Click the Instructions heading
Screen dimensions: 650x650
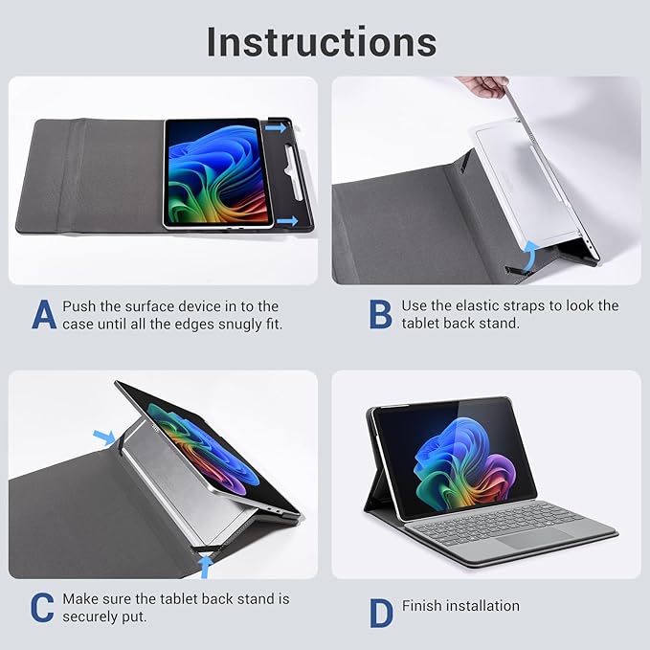(322, 41)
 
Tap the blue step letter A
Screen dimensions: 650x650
(44, 316)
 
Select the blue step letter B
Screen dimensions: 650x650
(380, 314)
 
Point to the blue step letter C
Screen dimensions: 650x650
(42, 608)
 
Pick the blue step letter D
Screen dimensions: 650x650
(381, 614)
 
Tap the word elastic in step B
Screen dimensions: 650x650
(492, 306)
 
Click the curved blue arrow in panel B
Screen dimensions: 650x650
(527, 251)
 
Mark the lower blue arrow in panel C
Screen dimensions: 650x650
(203, 568)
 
